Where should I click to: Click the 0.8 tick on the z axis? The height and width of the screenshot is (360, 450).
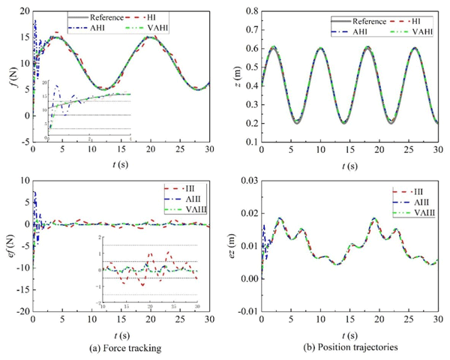tap(250, 10)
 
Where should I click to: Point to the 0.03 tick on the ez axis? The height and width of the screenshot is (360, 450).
tap(247, 181)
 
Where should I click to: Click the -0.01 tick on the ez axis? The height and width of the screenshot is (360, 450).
tap(244, 310)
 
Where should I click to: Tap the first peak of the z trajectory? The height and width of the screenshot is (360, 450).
tap(274, 47)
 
